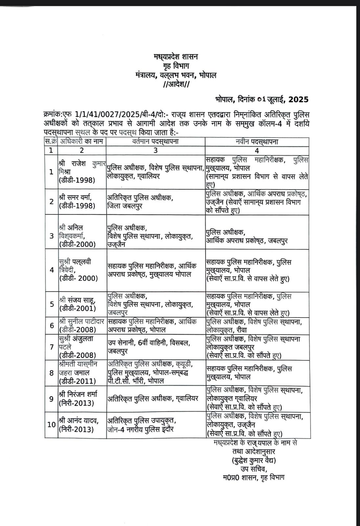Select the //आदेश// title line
point(176,84)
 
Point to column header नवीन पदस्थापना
point(257,142)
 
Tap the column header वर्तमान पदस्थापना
point(156,142)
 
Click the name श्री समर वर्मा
point(76,197)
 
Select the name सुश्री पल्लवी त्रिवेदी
point(75,266)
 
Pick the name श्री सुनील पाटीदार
point(81,322)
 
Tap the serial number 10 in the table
point(51,424)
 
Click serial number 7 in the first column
point(51,347)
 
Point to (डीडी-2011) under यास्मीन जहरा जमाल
point(78,381)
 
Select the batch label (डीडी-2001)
point(78,308)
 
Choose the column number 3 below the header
point(156,150)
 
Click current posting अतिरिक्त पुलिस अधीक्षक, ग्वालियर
point(153,398)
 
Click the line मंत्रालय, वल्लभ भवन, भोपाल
point(176,75)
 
